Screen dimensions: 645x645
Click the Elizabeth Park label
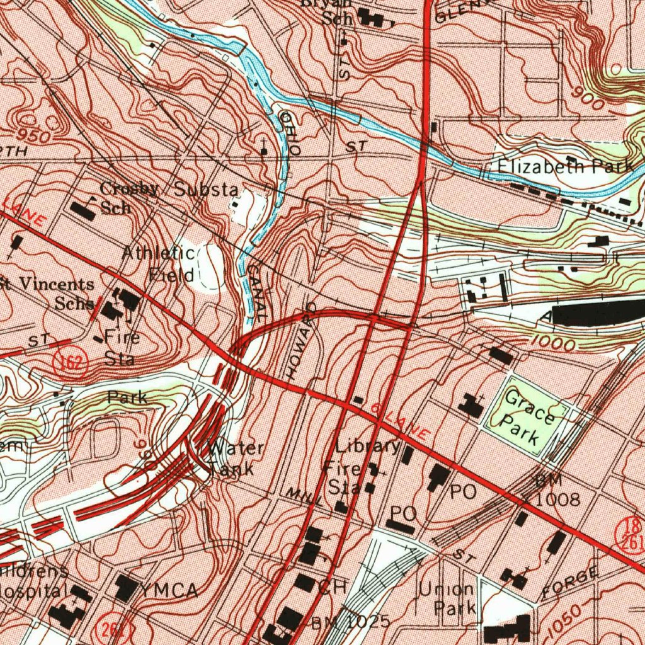[565, 166]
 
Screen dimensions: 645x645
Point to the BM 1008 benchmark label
[553, 490]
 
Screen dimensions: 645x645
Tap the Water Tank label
[235, 458]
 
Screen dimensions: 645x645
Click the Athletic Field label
[160, 263]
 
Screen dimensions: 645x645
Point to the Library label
[367, 447]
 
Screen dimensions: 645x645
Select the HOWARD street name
[301, 341]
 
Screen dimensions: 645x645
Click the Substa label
[207, 189]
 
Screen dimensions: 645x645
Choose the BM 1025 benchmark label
[351, 622]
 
